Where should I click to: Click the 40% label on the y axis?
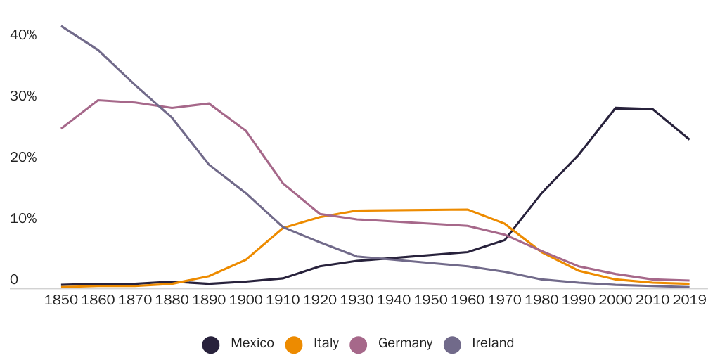[24, 34]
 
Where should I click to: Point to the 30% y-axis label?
[24, 96]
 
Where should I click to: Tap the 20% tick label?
[24, 157]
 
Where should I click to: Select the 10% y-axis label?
[24, 219]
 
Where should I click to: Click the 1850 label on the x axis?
[61, 300]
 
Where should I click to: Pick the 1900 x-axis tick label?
[246, 300]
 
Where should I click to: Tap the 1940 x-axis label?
[394, 300]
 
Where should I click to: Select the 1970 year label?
[505, 300]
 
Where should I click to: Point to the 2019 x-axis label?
[689, 300]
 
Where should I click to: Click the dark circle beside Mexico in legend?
[210, 344]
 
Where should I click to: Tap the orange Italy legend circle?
[294, 344]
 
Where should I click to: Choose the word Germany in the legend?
[405, 343]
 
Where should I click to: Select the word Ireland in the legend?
[492, 343]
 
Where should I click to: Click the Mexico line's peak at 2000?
[615, 108]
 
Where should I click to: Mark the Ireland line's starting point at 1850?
[61, 26]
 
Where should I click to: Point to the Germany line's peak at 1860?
[98, 100]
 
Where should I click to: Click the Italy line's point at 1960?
[468, 209]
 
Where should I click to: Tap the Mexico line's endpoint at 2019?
[689, 139]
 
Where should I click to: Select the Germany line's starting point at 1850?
[61, 128]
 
